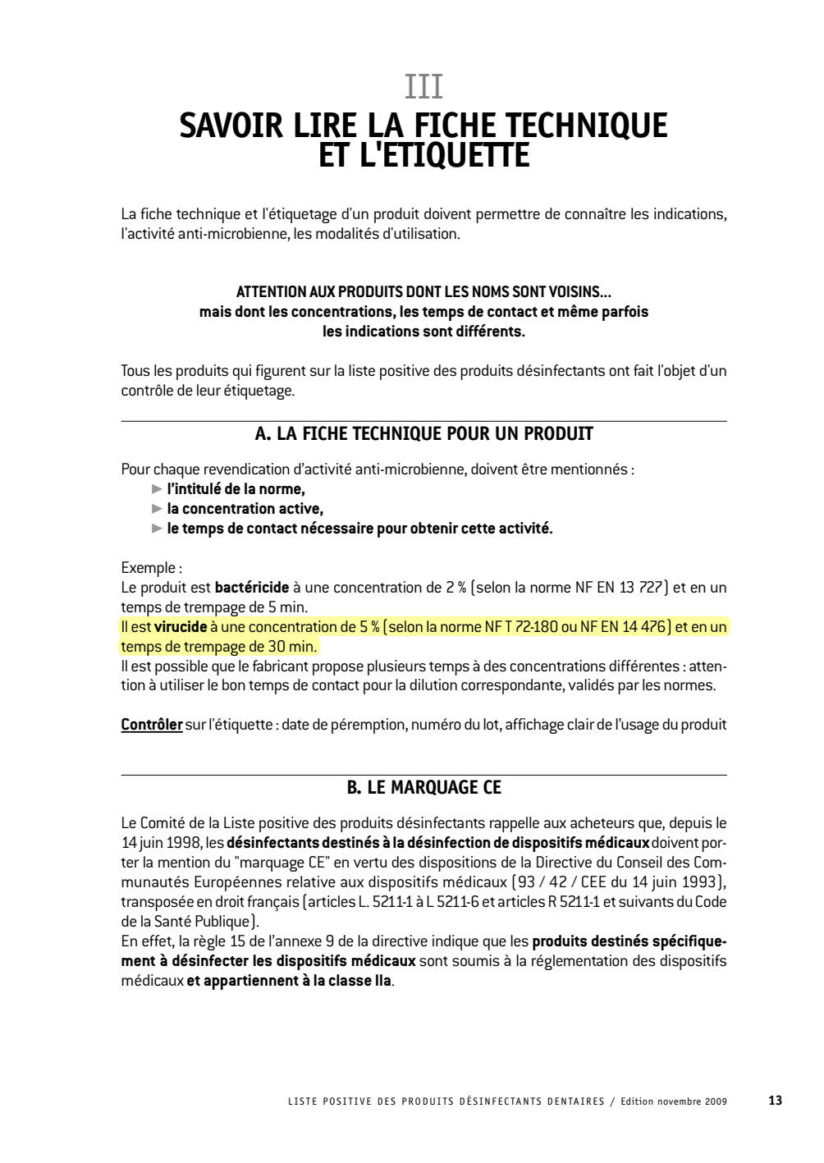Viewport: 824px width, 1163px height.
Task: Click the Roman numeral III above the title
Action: [423, 87]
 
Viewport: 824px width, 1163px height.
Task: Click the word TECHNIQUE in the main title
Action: [585, 126]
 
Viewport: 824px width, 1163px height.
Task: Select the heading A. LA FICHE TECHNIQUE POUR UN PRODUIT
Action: [423, 434]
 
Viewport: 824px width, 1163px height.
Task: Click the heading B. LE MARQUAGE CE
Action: [423, 788]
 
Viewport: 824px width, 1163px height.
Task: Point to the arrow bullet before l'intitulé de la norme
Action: [157, 489]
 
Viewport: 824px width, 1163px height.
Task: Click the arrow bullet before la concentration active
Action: [157, 509]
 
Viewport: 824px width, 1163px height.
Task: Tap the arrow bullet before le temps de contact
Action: [157, 529]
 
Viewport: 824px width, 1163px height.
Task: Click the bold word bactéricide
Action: [252, 588]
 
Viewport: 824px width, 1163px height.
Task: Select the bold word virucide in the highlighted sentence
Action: [181, 627]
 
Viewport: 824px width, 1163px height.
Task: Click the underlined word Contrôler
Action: [152, 725]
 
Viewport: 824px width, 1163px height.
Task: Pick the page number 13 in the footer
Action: [775, 1101]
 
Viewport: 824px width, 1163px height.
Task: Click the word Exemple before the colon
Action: [147, 568]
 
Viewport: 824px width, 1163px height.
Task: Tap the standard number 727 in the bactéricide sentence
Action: [651, 588]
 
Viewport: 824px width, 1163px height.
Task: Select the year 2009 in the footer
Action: [715, 1101]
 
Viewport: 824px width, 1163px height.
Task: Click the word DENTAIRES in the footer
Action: [575, 1101]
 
